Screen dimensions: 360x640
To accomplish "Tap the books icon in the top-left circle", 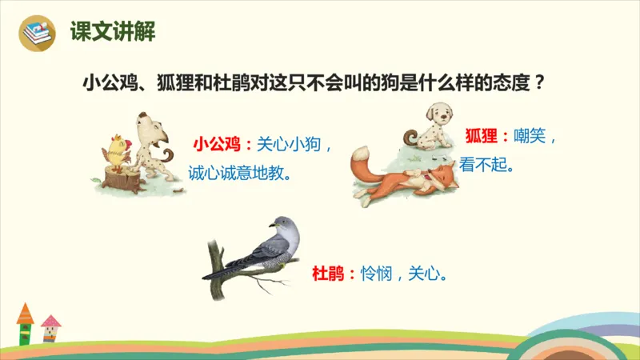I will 38,33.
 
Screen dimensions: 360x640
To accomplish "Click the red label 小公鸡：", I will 222,145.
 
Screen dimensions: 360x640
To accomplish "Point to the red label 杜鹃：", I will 333,274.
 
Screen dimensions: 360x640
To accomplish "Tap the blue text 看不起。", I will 486,165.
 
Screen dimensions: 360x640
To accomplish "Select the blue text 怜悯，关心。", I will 402,274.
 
